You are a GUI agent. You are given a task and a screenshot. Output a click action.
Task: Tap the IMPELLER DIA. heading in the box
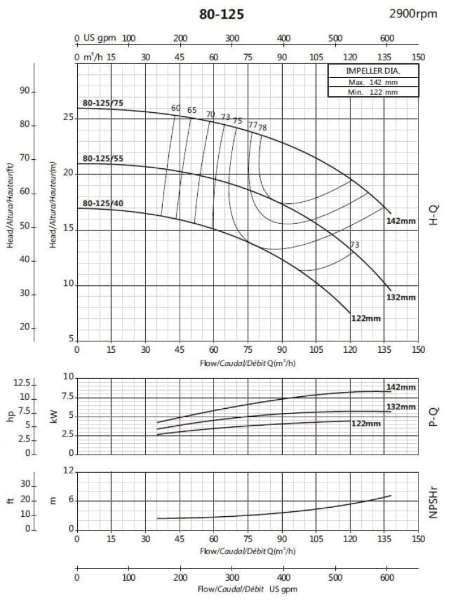pyautogui.click(x=373, y=71)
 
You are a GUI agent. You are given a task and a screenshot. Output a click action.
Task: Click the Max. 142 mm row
pyautogui.click(x=373, y=82)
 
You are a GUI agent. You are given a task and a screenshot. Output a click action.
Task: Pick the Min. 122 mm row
pyautogui.click(x=373, y=92)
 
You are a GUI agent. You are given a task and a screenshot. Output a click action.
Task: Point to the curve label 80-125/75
pyautogui.click(x=102, y=103)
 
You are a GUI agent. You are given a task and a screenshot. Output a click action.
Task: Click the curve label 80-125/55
pyautogui.click(x=102, y=159)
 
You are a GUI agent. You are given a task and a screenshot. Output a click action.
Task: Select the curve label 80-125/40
pyautogui.click(x=102, y=203)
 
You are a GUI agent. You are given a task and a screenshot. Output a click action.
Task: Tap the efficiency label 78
pyautogui.click(x=262, y=128)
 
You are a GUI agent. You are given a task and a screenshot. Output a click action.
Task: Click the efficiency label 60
pyautogui.click(x=175, y=109)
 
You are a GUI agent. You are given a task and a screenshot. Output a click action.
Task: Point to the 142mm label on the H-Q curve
pyautogui.click(x=402, y=221)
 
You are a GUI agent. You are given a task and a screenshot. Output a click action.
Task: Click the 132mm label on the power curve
pyautogui.click(x=401, y=406)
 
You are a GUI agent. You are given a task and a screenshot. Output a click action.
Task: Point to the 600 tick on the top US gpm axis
pyautogui.click(x=386, y=39)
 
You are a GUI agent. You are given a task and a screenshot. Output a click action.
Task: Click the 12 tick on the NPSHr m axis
pyautogui.click(x=69, y=471)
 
